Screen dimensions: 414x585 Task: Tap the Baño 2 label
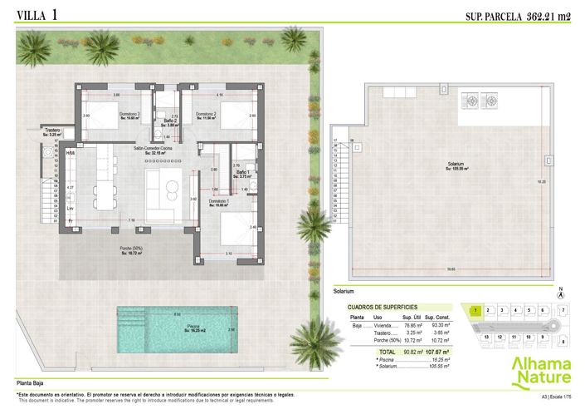tap(169, 122)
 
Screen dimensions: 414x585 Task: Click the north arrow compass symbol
tap(561, 292)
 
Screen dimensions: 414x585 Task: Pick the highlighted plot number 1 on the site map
tap(475, 311)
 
